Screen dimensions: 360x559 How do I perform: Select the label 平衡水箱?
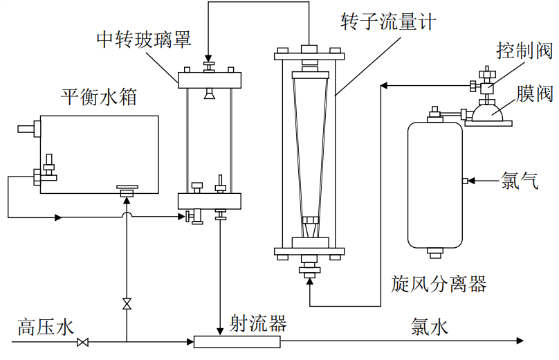98,96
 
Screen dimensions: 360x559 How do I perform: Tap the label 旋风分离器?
439,283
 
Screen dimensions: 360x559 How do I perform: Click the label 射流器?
259,323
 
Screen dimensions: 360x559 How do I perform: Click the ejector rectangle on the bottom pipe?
237,341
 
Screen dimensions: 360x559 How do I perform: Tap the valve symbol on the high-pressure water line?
83,342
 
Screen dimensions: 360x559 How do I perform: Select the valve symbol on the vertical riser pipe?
127,304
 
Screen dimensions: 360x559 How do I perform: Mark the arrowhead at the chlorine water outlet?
520,341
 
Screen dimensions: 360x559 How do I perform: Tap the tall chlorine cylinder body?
435,183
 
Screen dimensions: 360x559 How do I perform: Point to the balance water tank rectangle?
99,154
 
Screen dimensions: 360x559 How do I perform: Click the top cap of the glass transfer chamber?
208,79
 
